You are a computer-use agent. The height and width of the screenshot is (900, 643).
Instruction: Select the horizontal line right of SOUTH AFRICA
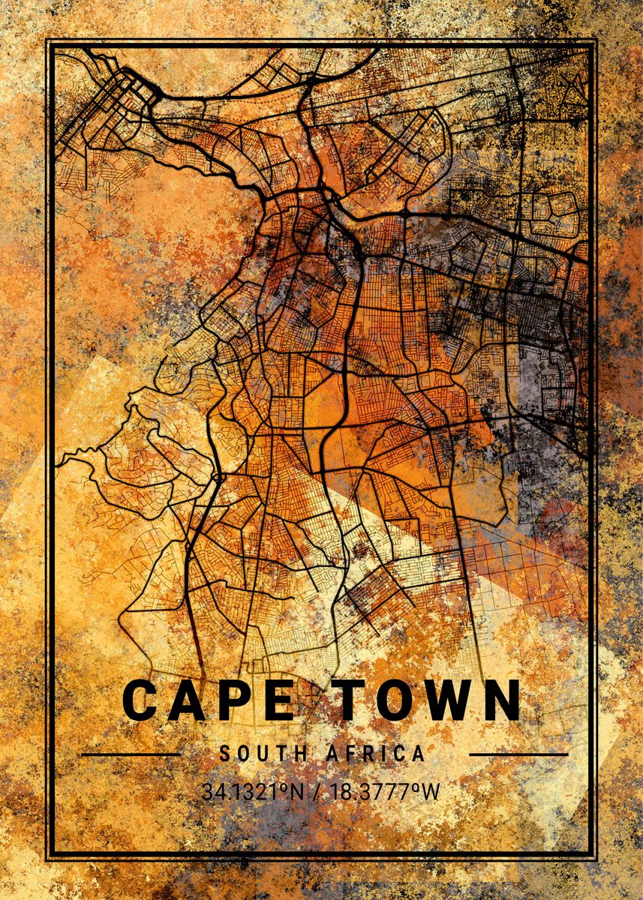tap(518, 754)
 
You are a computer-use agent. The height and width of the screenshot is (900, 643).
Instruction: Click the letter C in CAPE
tap(140, 700)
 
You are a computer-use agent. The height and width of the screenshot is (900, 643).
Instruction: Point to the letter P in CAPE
tap(233, 700)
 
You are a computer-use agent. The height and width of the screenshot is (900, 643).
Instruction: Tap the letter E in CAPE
tap(277, 700)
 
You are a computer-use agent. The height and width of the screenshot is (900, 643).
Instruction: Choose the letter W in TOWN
tap(447, 700)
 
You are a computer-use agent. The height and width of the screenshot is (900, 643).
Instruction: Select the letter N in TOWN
tap(500, 700)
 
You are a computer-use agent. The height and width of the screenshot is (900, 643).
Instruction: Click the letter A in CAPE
tap(187, 700)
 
